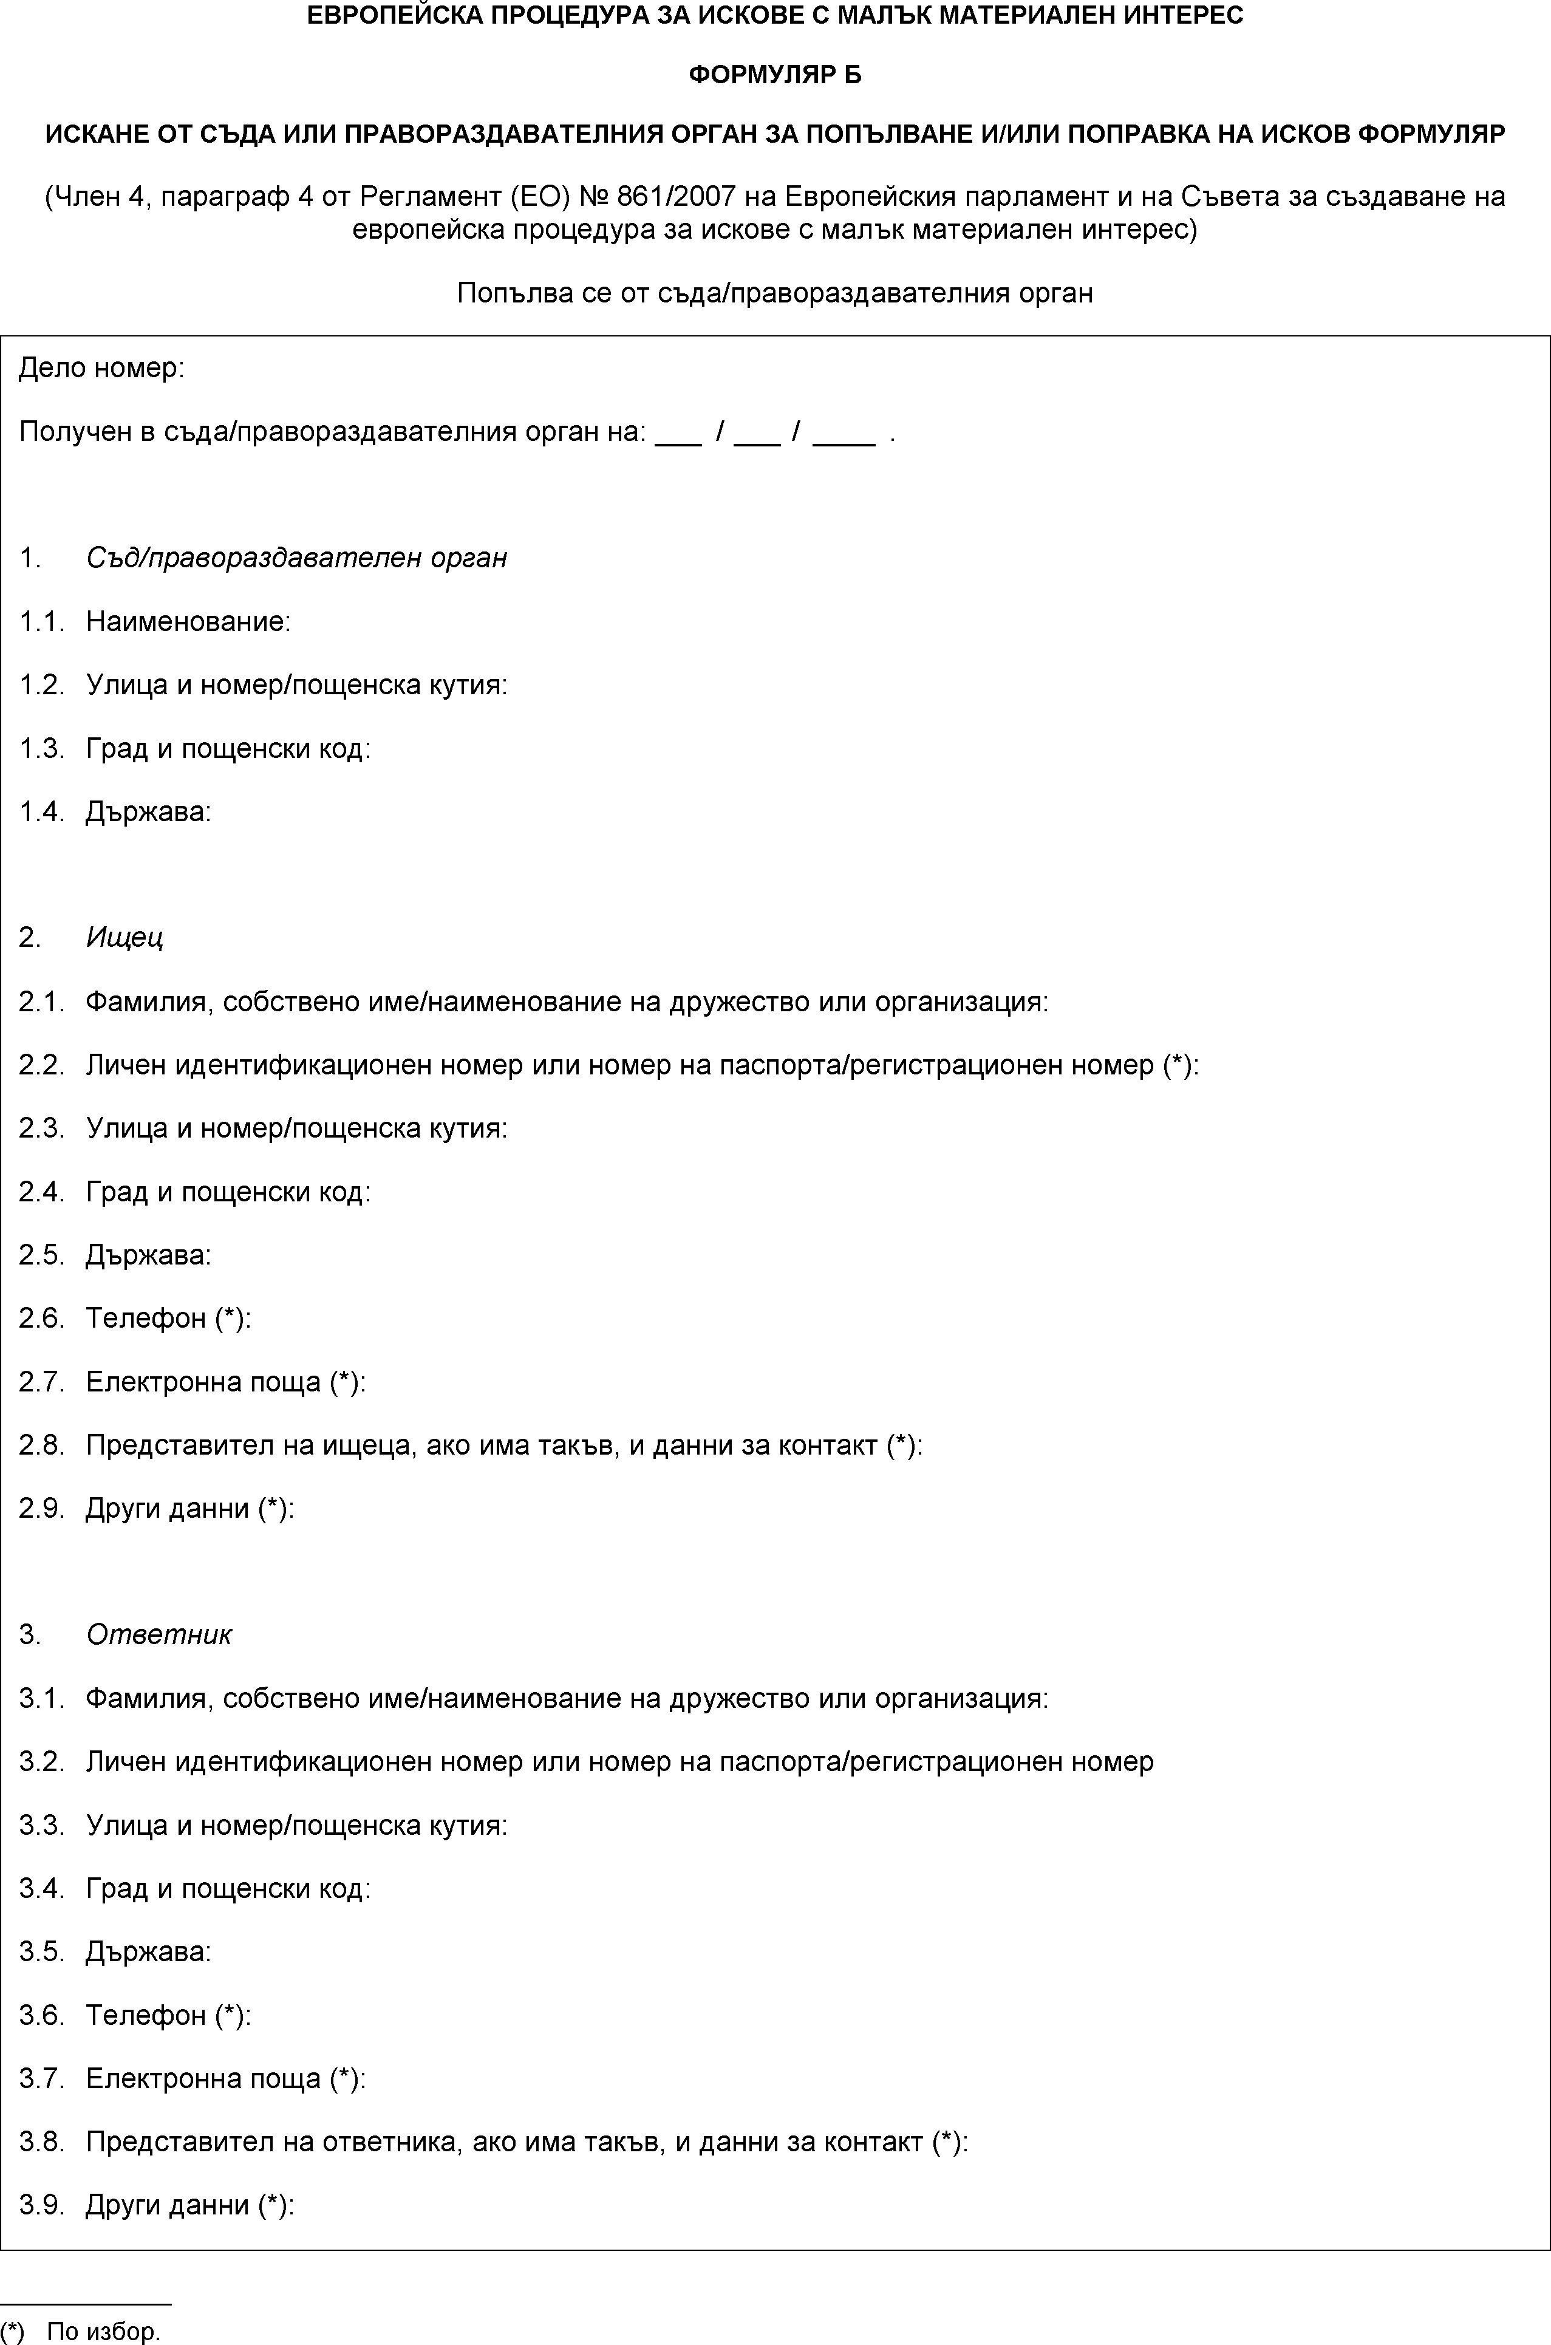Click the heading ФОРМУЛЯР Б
[774, 75]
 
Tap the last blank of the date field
[843, 432]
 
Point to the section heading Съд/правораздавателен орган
[297, 559]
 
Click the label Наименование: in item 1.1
[188, 622]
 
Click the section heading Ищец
[124, 938]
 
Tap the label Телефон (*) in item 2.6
[168, 1319]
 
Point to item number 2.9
[41, 1509]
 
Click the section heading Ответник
[159, 1635]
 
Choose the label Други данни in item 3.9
[167, 2205]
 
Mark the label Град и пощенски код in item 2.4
[228, 1192]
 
